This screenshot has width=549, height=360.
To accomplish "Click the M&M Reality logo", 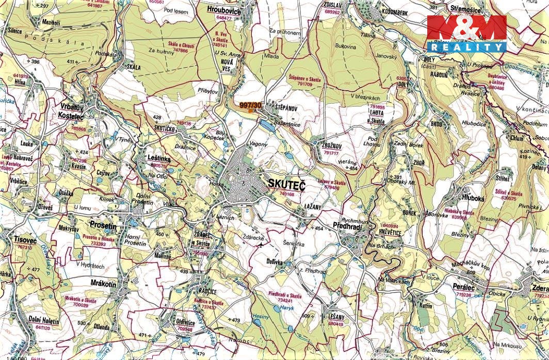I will coord(466,33).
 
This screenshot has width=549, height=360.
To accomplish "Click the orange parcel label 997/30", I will coord(251,105).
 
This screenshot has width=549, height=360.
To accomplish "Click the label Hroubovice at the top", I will coord(224,9).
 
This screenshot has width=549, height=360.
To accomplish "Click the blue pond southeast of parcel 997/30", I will coord(267,124).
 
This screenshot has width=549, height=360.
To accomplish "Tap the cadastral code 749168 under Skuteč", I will coord(286,194).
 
